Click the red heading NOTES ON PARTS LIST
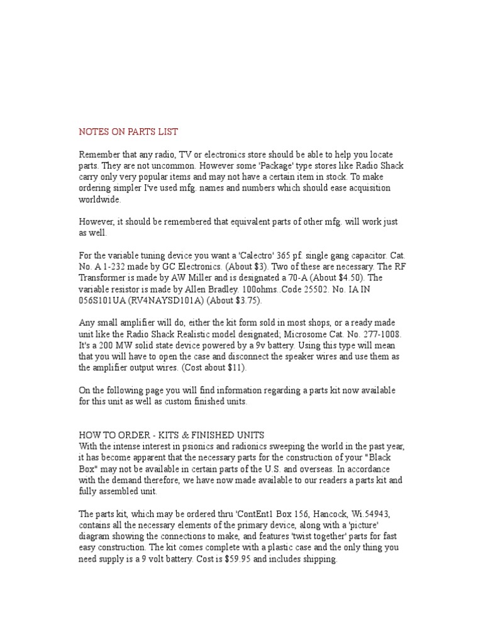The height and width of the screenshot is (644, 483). click(128, 132)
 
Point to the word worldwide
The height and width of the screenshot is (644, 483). click(99, 199)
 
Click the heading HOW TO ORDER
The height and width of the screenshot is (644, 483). click(117, 436)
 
